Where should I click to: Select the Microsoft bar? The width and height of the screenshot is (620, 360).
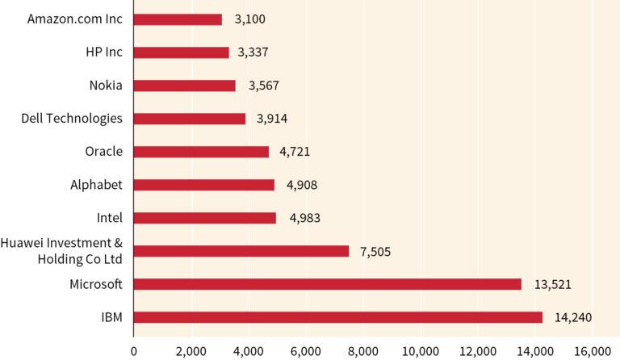click(327, 284)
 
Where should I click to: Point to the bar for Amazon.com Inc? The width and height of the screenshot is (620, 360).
click(178, 19)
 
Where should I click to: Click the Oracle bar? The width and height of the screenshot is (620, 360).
click(201, 151)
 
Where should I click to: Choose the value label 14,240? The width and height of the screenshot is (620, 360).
click(573, 317)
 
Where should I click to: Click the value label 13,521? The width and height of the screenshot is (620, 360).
click(552, 284)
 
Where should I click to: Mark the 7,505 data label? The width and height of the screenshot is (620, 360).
click(375, 251)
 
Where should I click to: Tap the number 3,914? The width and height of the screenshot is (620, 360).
click(272, 119)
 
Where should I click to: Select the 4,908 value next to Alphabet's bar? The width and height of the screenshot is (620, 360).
click(302, 185)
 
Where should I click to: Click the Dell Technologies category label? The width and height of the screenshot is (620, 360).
click(72, 118)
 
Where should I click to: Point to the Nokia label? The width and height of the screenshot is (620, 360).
click(106, 85)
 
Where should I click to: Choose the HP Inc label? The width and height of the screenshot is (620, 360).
click(103, 52)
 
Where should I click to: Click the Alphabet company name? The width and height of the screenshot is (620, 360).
click(96, 185)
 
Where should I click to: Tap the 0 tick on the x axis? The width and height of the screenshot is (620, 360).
click(134, 351)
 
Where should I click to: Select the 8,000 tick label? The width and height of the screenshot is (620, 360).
click(362, 351)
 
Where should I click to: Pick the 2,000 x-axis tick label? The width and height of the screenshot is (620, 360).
click(191, 351)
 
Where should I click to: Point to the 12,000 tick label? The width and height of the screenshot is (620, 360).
click(477, 351)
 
